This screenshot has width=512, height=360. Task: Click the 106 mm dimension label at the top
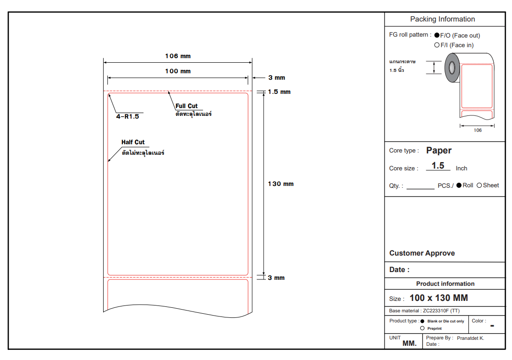(x=178, y=56)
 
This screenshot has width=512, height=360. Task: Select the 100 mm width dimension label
(x=178, y=71)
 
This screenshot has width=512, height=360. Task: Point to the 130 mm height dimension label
(x=281, y=184)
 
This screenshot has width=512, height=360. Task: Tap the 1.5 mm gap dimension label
(x=279, y=92)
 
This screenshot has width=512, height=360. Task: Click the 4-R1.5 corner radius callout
(x=127, y=116)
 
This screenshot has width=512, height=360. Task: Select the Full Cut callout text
(x=187, y=106)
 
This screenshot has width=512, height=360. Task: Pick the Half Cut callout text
(x=133, y=142)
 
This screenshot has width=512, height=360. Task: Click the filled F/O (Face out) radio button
(x=437, y=35)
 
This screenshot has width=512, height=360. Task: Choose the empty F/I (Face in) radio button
(x=437, y=45)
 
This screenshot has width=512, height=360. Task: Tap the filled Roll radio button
(x=459, y=185)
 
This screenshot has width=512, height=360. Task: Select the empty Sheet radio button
(x=479, y=185)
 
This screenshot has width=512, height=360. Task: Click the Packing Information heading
(x=442, y=19)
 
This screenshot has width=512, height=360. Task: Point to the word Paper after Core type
(x=439, y=150)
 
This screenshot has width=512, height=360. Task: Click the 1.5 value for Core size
(x=438, y=165)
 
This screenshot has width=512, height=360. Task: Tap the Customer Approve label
(x=422, y=253)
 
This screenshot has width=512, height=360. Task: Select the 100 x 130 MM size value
(x=439, y=298)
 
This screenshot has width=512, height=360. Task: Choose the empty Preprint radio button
(x=422, y=328)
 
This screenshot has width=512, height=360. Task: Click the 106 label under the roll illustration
(x=478, y=131)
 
